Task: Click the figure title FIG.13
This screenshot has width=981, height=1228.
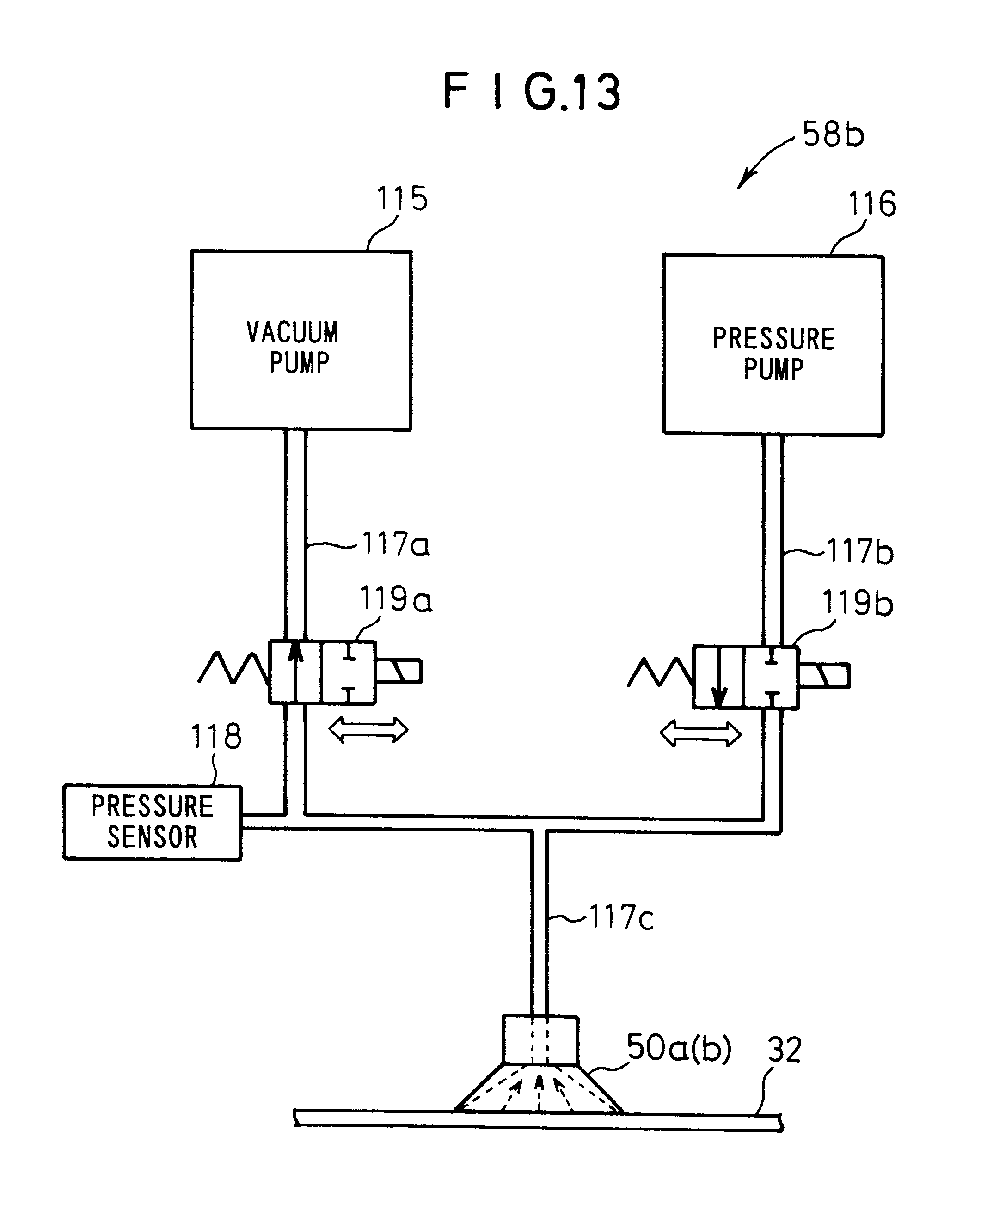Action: click(x=532, y=91)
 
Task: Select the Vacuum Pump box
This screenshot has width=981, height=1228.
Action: click(x=301, y=340)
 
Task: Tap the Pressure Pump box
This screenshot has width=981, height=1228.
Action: click(x=773, y=345)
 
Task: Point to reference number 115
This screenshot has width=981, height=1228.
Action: click(x=402, y=199)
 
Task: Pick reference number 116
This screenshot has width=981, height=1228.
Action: click(x=871, y=204)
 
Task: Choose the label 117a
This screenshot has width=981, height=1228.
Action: click(x=395, y=544)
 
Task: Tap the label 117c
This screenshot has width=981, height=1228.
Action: click(x=621, y=917)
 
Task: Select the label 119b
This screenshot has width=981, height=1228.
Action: click(x=857, y=603)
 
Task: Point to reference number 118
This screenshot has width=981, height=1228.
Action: click(x=216, y=736)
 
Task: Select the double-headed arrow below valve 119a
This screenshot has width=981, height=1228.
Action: click(x=368, y=730)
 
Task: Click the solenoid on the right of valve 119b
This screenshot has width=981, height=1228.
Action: click(x=824, y=676)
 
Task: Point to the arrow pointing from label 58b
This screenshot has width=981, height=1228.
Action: click(x=763, y=162)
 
